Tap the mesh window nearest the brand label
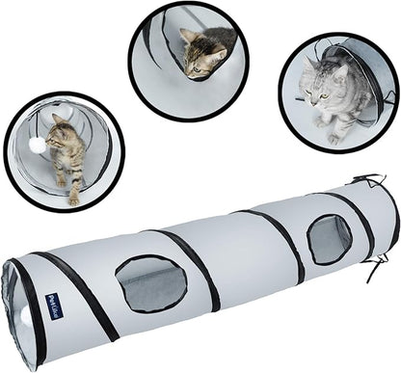pyautogui.click(x=150, y=283)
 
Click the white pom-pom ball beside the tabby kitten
pyautogui.click(x=36, y=145)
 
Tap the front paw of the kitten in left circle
pyautogui.click(x=73, y=198)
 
